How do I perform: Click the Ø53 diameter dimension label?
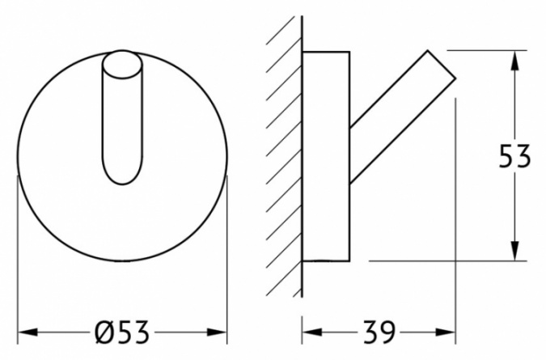122,332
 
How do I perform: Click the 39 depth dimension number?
379,332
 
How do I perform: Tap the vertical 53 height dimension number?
514,156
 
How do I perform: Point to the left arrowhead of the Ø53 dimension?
28,332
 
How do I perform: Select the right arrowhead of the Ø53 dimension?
217,332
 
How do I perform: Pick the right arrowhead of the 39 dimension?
445,332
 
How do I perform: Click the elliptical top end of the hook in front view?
122,65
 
